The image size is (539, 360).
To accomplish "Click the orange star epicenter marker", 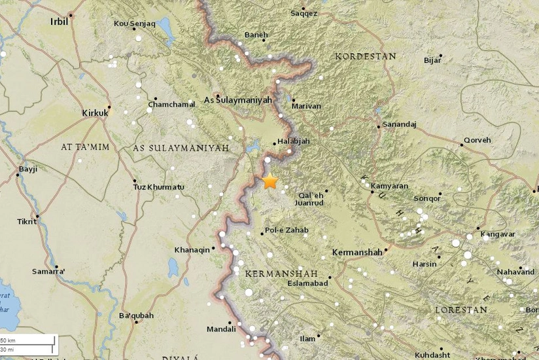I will pos(269,182).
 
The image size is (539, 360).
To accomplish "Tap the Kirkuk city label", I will pos(94,113).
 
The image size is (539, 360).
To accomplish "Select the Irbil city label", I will pos(59,22).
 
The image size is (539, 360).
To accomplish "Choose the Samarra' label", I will pos(49,271).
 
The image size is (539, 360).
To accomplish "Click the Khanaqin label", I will pos(192,250).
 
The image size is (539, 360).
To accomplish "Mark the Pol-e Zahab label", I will pos(286,230).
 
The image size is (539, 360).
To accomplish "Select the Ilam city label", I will pos(307,339).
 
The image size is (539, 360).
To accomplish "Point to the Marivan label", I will pos(307,106).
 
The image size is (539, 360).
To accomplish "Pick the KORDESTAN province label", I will pos(365,57).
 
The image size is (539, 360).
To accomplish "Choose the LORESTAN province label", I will pos(461,310).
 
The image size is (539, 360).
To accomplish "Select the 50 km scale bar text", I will pos(8,340).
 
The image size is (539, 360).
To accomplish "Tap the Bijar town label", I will pos(433,61).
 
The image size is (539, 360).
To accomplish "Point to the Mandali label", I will pos(221,329).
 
